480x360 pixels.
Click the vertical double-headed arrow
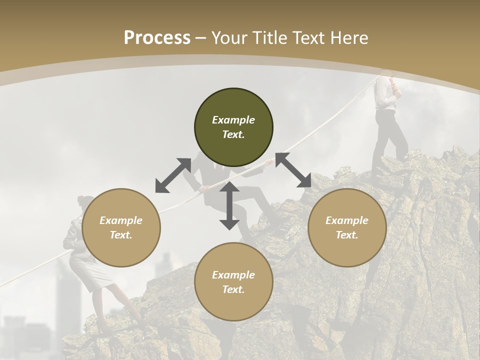(x=229, y=206)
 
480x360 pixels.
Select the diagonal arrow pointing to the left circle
(x=173, y=175)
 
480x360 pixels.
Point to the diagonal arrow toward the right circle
(x=293, y=170)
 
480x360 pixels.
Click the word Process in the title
(x=157, y=38)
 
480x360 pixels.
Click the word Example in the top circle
(x=233, y=120)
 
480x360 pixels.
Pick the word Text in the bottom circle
(x=233, y=289)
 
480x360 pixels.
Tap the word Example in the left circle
(x=121, y=220)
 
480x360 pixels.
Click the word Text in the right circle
(x=347, y=235)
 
